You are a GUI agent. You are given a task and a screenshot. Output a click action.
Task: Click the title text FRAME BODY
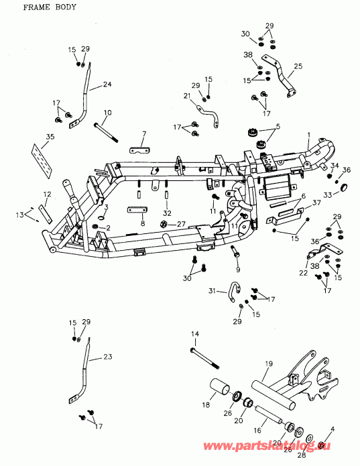point(50,7)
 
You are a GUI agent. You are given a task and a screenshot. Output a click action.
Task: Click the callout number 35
point(50,137)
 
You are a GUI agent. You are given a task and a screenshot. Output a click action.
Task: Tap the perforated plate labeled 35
point(42,161)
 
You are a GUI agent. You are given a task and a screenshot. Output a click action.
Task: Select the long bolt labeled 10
point(106,133)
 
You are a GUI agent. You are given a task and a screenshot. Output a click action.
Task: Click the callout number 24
point(107,84)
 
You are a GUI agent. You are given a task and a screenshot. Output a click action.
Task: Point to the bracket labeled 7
point(139,150)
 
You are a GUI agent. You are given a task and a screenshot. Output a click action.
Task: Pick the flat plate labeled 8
point(137,211)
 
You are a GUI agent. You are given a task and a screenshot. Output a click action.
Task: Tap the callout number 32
point(167,213)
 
